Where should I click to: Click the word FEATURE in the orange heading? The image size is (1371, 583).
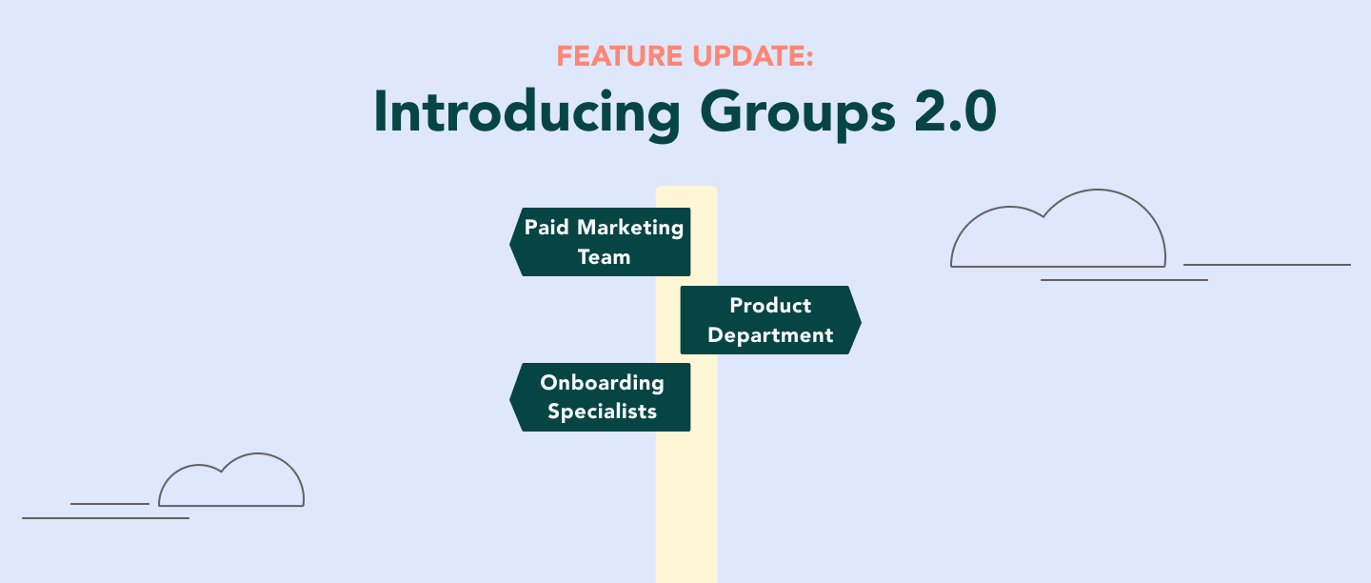(x=620, y=56)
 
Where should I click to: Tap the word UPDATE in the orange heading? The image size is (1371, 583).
(x=753, y=56)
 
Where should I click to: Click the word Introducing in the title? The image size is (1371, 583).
(x=527, y=112)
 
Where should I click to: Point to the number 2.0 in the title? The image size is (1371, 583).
(x=956, y=112)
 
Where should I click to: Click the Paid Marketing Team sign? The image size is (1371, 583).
(x=600, y=242)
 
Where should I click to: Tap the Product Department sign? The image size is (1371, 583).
(x=770, y=320)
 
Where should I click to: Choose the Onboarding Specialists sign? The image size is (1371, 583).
(x=600, y=397)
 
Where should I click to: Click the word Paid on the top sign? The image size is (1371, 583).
(x=546, y=227)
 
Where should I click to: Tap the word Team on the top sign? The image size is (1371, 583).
(x=604, y=256)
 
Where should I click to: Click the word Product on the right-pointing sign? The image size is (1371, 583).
(x=770, y=305)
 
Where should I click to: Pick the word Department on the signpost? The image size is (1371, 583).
(x=770, y=335)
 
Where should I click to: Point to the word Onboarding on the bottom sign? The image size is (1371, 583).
(x=603, y=383)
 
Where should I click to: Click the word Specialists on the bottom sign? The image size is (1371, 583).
(x=603, y=412)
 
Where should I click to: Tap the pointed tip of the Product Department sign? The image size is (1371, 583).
(x=861, y=320)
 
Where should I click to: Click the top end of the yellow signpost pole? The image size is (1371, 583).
(x=686, y=188)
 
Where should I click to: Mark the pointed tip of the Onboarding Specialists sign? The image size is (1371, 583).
(x=510, y=397)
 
